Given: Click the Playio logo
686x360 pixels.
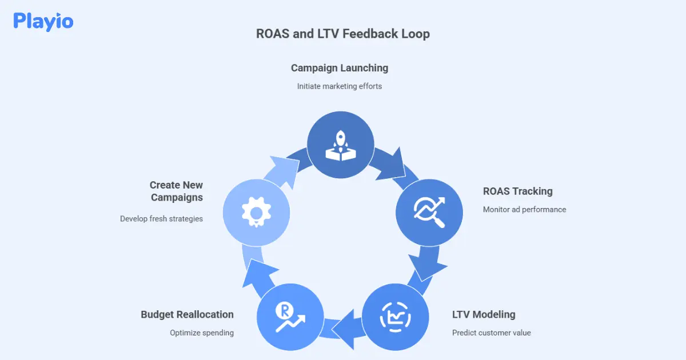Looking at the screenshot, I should (x=43, y=21).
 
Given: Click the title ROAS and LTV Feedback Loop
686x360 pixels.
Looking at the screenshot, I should (x=342, y=34).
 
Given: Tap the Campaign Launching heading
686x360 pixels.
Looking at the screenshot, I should (x=339, y=68).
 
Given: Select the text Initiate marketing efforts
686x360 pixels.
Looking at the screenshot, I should (x=339, y=86).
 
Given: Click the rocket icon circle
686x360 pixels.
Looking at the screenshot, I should (x=341, y=145).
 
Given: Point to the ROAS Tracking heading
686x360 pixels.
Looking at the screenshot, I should (x=517, y=191).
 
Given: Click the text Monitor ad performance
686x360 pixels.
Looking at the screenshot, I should (x=524, y=210).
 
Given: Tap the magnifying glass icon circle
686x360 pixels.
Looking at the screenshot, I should (x=429, y=212).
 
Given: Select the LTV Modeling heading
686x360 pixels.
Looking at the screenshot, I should (x=483, y=314).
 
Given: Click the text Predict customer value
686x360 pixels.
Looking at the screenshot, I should (x=491, y=333).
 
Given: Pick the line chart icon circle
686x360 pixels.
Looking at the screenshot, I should (x=396, y=317).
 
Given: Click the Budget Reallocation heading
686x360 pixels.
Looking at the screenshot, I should (x=187, y=314).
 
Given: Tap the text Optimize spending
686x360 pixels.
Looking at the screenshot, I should (x=201, y=333).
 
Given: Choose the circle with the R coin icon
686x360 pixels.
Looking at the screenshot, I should (x=289, y=318).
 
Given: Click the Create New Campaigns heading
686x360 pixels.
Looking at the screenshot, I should (x=176, y=191).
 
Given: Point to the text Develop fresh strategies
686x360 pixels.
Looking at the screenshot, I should (x=161, y=219).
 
